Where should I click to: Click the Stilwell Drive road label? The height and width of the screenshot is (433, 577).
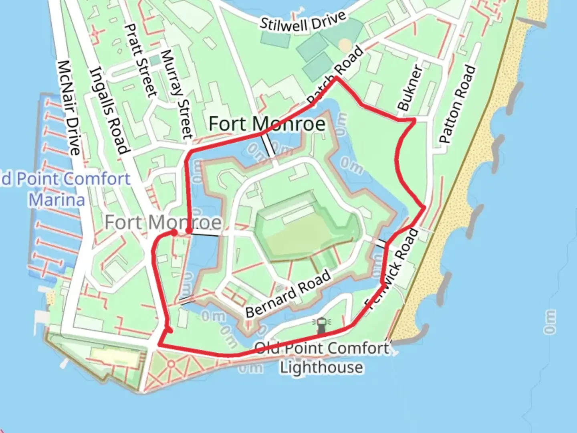pyautogui.click(x=303, y=22)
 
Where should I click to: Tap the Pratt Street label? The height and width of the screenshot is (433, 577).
pyautogui.click(x=140, y=60)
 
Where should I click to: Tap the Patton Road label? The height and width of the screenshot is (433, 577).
pyautogui.click(x=457, y=104)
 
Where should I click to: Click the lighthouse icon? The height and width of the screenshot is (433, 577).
pyautogui.click(x=321, y=325)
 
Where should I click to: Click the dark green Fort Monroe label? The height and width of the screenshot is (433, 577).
pyautogui.click(x=267, y=123)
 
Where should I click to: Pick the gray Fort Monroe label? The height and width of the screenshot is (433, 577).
pyautogui.click(x=163, y=222)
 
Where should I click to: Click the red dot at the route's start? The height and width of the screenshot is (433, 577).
pyautogui.click(x=174, y=233)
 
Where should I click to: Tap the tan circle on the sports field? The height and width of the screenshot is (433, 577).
pyautogui.click(x=345, y=45)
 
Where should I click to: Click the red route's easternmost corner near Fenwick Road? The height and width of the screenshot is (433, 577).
pyautogui.click(x=424, y=207)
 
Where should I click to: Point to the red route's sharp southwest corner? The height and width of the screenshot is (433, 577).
pyautogui.click(x=159, y=344)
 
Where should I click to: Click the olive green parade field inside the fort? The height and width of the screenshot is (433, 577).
pyautogui.click(x=305, y=237)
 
